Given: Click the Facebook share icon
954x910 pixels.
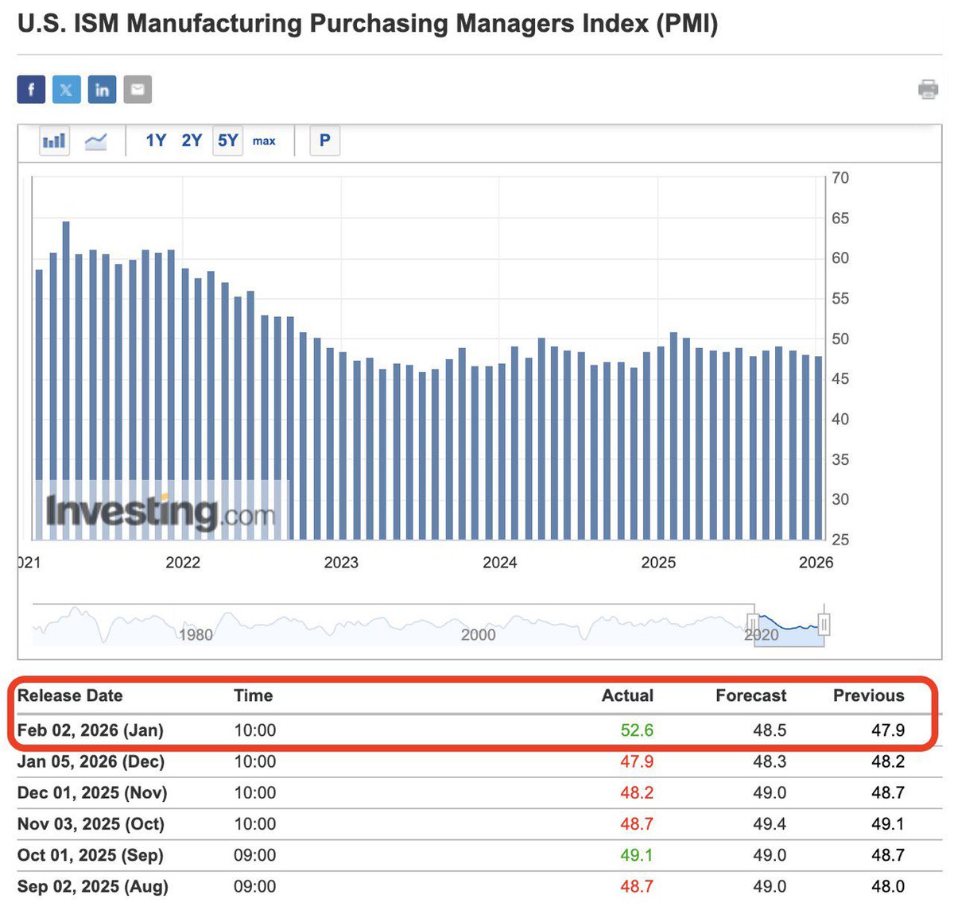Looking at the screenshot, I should tap(31, 89).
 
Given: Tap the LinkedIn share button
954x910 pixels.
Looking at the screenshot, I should tap(102, 89).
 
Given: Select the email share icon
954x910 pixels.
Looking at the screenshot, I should tap(137, 89).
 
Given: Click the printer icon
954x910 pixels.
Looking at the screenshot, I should tap(928, 89).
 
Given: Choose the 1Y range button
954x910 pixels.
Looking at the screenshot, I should tap(156, 141).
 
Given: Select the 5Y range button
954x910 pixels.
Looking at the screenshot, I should tap(227, 141).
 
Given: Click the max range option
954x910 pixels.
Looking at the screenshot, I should tap(264, 141).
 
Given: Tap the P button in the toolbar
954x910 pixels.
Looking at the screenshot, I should tap(324, 141).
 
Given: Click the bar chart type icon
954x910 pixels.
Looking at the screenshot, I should tap(54, 141).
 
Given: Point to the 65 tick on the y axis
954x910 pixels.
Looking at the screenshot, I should tap(840, 218).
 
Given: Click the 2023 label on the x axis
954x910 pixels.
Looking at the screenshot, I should tap(341, 563).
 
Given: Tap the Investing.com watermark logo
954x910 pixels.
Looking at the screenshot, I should tap(160, 511).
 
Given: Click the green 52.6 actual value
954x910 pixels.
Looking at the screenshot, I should tap(637, 730).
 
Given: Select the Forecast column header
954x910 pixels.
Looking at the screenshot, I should tap(750, 695).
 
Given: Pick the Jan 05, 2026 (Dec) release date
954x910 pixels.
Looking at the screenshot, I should tap(91, 761).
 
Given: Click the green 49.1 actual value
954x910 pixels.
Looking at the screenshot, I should tap(637, 855).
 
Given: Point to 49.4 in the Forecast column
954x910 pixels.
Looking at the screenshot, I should tap(770, 824).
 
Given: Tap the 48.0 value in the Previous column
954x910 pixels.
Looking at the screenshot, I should tap(887, 886).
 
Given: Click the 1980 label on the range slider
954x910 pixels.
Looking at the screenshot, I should tap(196, 634).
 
